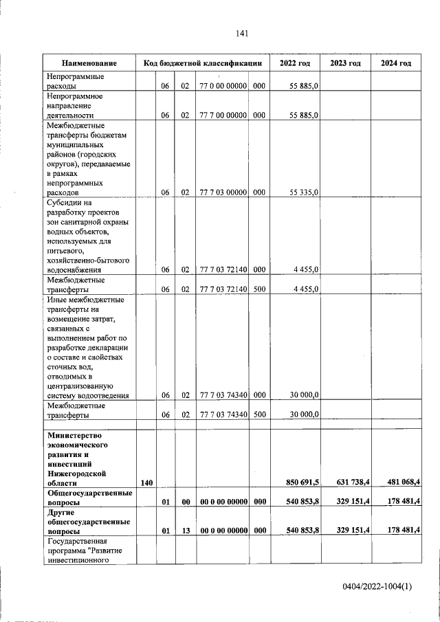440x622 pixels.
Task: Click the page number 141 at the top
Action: [241, 33]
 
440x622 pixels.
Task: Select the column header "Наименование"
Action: [88, 63]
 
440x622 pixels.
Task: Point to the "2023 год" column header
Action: [345, 63]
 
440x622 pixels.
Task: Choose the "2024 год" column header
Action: [396, 63]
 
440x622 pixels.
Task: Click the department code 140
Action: [146, 483]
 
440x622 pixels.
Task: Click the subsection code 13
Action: [185, 531]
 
